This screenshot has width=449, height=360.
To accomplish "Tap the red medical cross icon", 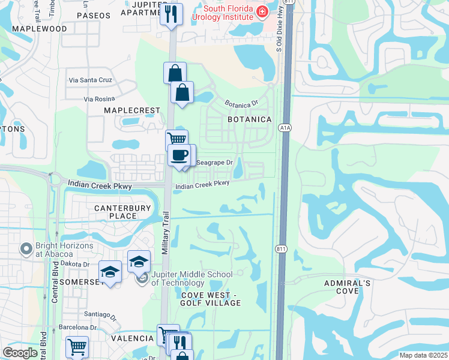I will (262, 11).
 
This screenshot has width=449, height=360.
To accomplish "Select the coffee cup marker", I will (179, 155).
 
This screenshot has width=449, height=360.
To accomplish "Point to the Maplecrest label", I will (132, 110).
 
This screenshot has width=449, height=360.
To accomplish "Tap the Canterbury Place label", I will (116, 212).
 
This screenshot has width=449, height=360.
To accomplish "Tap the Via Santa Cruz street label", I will (91, 80).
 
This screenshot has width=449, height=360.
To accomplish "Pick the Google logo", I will (20, 353).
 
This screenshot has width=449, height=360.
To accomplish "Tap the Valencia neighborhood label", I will (132, 338).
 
